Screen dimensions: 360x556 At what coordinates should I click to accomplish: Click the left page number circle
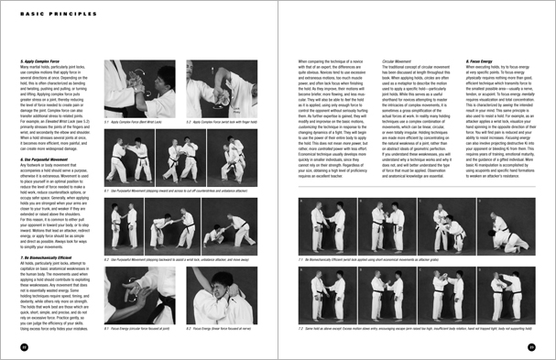25,347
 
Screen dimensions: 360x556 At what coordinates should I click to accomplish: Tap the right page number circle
531,347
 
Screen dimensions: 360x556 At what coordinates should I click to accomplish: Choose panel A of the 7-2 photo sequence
334,296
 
